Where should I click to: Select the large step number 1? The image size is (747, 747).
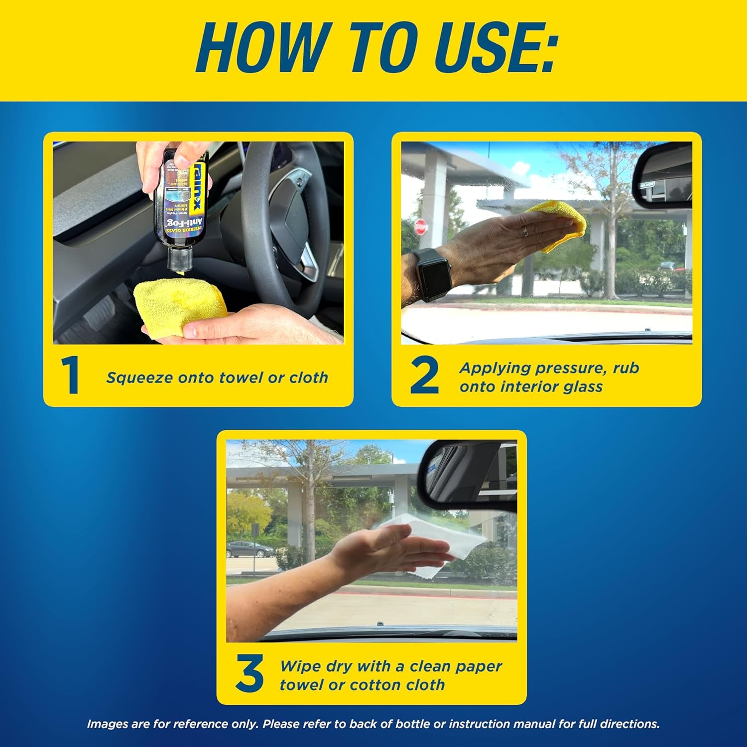71,376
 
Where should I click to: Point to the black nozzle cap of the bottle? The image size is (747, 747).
180,259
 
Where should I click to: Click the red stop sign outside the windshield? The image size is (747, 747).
420,227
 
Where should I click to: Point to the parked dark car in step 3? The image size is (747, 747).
249,549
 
